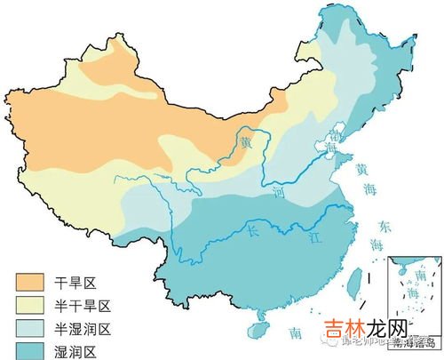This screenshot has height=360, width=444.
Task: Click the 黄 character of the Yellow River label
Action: [x=245, y=141]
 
